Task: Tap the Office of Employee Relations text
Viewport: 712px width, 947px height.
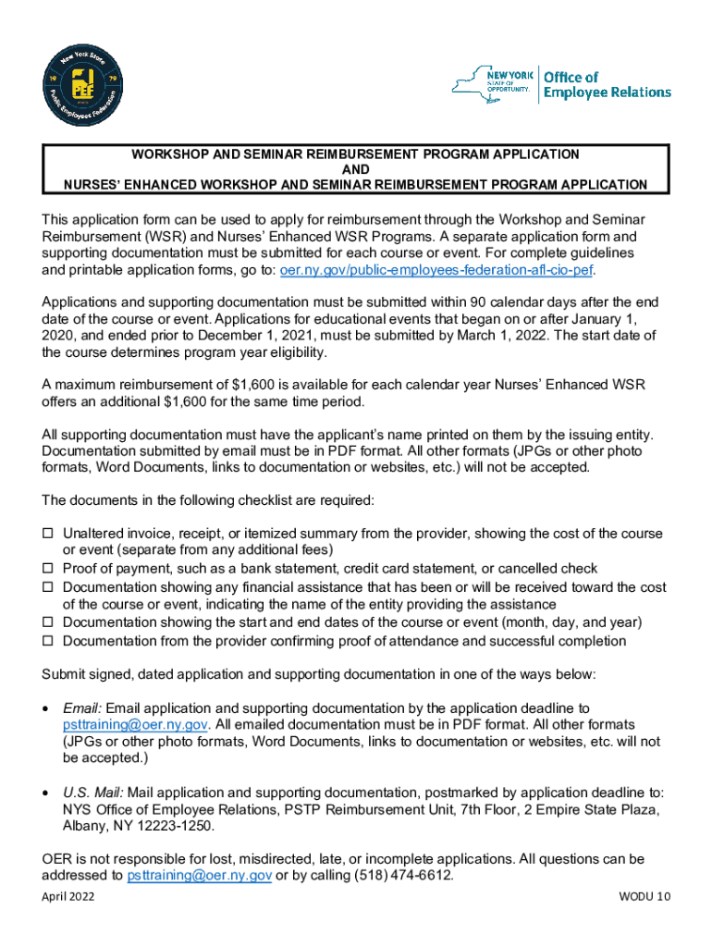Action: coord(606,85)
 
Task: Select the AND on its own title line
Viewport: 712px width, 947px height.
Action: coord(355,169)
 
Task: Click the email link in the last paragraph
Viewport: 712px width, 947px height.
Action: coord(199,875)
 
